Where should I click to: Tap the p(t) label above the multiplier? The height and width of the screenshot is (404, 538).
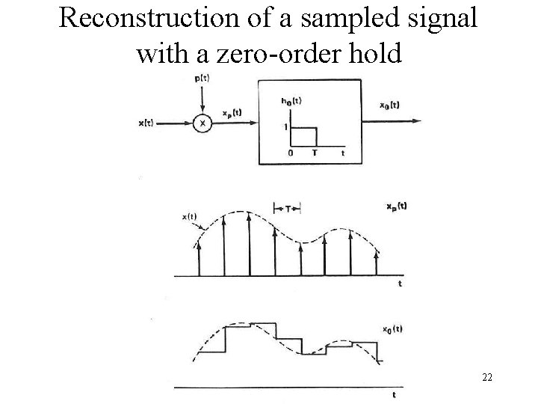point(200,79)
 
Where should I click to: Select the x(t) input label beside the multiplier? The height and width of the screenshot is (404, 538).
point(146,123)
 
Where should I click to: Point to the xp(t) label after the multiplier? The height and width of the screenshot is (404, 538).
point(231,114)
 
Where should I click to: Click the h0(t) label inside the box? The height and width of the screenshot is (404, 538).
point(290,101)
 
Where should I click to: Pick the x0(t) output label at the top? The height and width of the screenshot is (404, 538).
point(389,105)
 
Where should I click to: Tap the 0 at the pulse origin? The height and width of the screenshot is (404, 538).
point(290,153)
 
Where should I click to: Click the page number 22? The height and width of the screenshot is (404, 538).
point(486,378)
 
